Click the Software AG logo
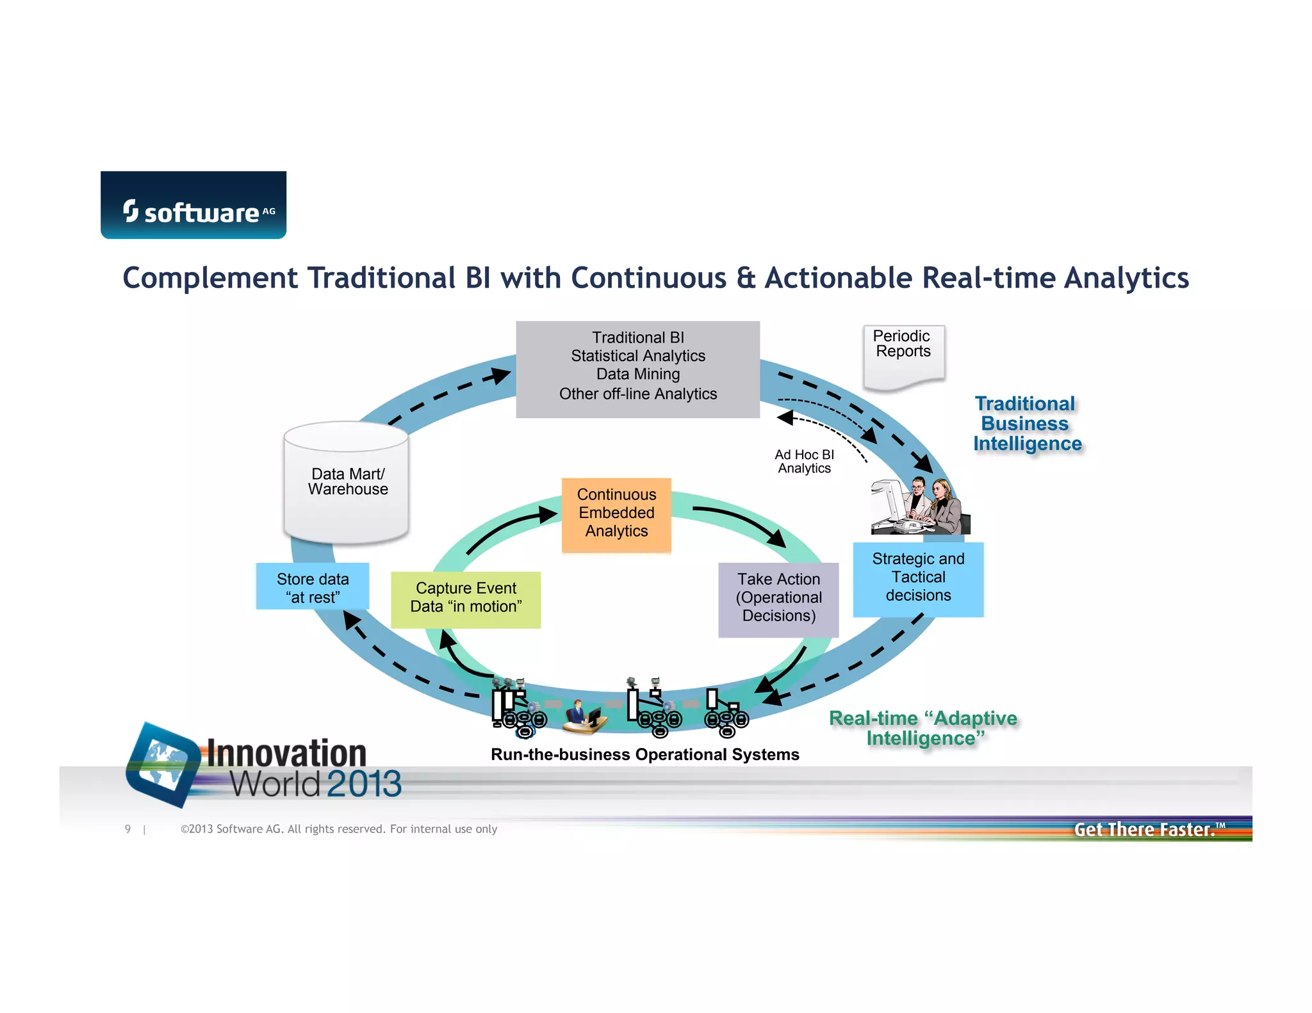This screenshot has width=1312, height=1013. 193,205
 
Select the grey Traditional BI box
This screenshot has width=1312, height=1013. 637,369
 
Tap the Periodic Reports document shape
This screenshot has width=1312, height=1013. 903,356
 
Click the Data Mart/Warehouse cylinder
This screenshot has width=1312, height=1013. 346,482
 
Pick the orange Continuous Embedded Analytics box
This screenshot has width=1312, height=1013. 616,514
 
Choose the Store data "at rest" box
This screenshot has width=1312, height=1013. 313,587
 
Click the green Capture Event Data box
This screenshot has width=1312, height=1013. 466,599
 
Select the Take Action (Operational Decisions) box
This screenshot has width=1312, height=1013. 778,599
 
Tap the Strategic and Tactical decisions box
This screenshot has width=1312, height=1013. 918,578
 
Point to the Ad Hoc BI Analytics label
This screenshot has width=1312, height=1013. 804,461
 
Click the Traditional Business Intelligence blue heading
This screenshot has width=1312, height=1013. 1027,423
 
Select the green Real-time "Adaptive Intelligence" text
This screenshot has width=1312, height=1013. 924,728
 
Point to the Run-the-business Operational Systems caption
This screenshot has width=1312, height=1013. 644,754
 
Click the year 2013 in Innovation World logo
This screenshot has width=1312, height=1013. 364,784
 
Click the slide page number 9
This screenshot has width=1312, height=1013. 128,829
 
